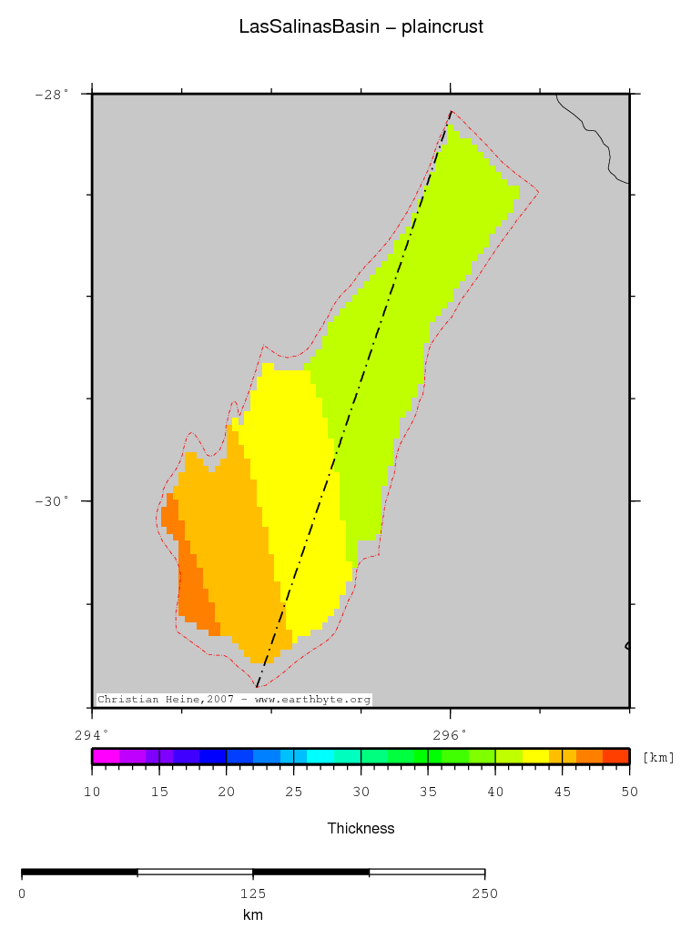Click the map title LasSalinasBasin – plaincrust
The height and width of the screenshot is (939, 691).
pyautogui.click(x=361, y=27)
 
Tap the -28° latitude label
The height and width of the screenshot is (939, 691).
pyautogui.click(x=52, y=94)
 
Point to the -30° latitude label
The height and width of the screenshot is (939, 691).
pyautogui.click(x=52, y=501)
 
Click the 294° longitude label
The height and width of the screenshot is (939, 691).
pyautogui.click(x=91, y=733)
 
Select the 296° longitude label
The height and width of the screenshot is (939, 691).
pyautogui.click(x=450, y=733)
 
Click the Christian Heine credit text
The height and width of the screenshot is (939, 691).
pyautogui.click(x=234, y=700)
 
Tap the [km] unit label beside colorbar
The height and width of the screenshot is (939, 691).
pyautogui.click(x=658, y=757)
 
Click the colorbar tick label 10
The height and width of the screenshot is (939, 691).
pyautogui.click(x=91, y=792)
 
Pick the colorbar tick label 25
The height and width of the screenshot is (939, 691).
pyautogui.click(x=293, y=792)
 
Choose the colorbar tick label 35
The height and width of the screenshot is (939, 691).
pyautogui.click(x=428, y=792)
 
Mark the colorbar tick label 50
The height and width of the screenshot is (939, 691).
pyautogui.click(x=629, y=792)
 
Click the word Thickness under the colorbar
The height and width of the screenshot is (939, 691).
pyautogui.click(x=361, y=828)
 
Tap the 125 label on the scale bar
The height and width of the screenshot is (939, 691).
pyautogui.click(x=253, y=894)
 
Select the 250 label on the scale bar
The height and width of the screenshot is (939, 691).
pyautogui.click(x=484, y=894)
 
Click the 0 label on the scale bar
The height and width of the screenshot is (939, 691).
pyautogui.click(x=22, y=894)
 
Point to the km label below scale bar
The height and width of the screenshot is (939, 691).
pyautogui.click(x=253, y=914)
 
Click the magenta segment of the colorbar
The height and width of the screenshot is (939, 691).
pyautogui.click(x=106, y=756)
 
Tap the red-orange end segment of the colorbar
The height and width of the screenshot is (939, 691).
pyautogui.click(x=616, y=756)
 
